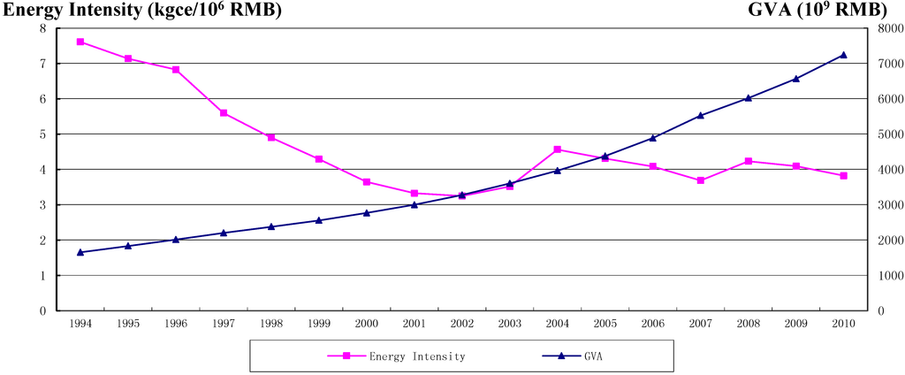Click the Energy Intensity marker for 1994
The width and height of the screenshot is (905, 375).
pos(80,42)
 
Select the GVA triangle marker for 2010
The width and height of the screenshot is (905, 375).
pos(843,55)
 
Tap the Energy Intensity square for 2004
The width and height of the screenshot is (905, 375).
pos(557,149)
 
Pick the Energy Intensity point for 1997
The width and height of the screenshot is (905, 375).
pos(224,113)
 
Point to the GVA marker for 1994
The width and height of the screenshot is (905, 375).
pos(80,252)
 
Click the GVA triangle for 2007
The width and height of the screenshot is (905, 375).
pos(700,115)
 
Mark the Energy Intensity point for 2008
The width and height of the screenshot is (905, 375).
pos(748,161)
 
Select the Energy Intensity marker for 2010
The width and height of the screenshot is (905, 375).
pos(843,176)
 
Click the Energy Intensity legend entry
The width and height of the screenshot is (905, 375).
pos(397,356)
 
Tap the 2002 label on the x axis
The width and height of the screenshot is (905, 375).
pos(461,325)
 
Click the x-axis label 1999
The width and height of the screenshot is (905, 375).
pos(319,325)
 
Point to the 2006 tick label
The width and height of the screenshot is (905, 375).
pos(652,325)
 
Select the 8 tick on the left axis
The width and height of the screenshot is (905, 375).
pos(42,28)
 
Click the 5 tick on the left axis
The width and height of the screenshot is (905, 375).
pos(42,134)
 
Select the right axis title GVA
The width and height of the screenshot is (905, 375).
pos(829,11)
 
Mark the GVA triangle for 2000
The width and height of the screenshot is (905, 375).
pos(367,212)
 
